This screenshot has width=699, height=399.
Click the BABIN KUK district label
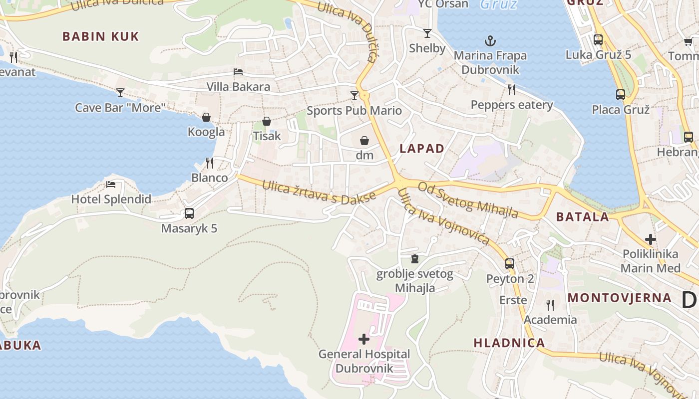[x=100, y=36]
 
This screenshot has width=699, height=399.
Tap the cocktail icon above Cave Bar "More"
[x=120, y=92]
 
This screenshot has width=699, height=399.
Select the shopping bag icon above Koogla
[x=206, y=117]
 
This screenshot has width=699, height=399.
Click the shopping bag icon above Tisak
[x=267, y=121]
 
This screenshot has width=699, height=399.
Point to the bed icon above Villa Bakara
[x=238, y=72]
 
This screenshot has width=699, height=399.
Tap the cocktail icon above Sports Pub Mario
[x=354, y=95]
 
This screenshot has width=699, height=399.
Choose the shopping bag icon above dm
[x=364, y=141]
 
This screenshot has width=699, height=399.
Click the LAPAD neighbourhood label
[x=422, y=148]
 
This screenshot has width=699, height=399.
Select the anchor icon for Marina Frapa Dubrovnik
[x=490, y=40]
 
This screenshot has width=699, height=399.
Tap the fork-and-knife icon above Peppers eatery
[x=512, y=90]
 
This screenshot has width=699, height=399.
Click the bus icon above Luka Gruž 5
[x=598, y=40]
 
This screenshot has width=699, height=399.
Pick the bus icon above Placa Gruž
[x=621, y=94]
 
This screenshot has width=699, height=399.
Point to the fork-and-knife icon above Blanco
[x=210, y=163]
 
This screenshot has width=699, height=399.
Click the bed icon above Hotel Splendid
[x=111, y=185]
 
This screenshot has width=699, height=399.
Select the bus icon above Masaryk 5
[x=189, y=213]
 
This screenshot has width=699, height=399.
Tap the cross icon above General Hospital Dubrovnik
[x=364, y=339]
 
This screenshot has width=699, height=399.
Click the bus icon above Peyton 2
[x=510, y=264]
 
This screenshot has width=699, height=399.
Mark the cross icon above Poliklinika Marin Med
[x=650, y=239]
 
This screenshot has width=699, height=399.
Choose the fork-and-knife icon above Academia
[x=550, y=305]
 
